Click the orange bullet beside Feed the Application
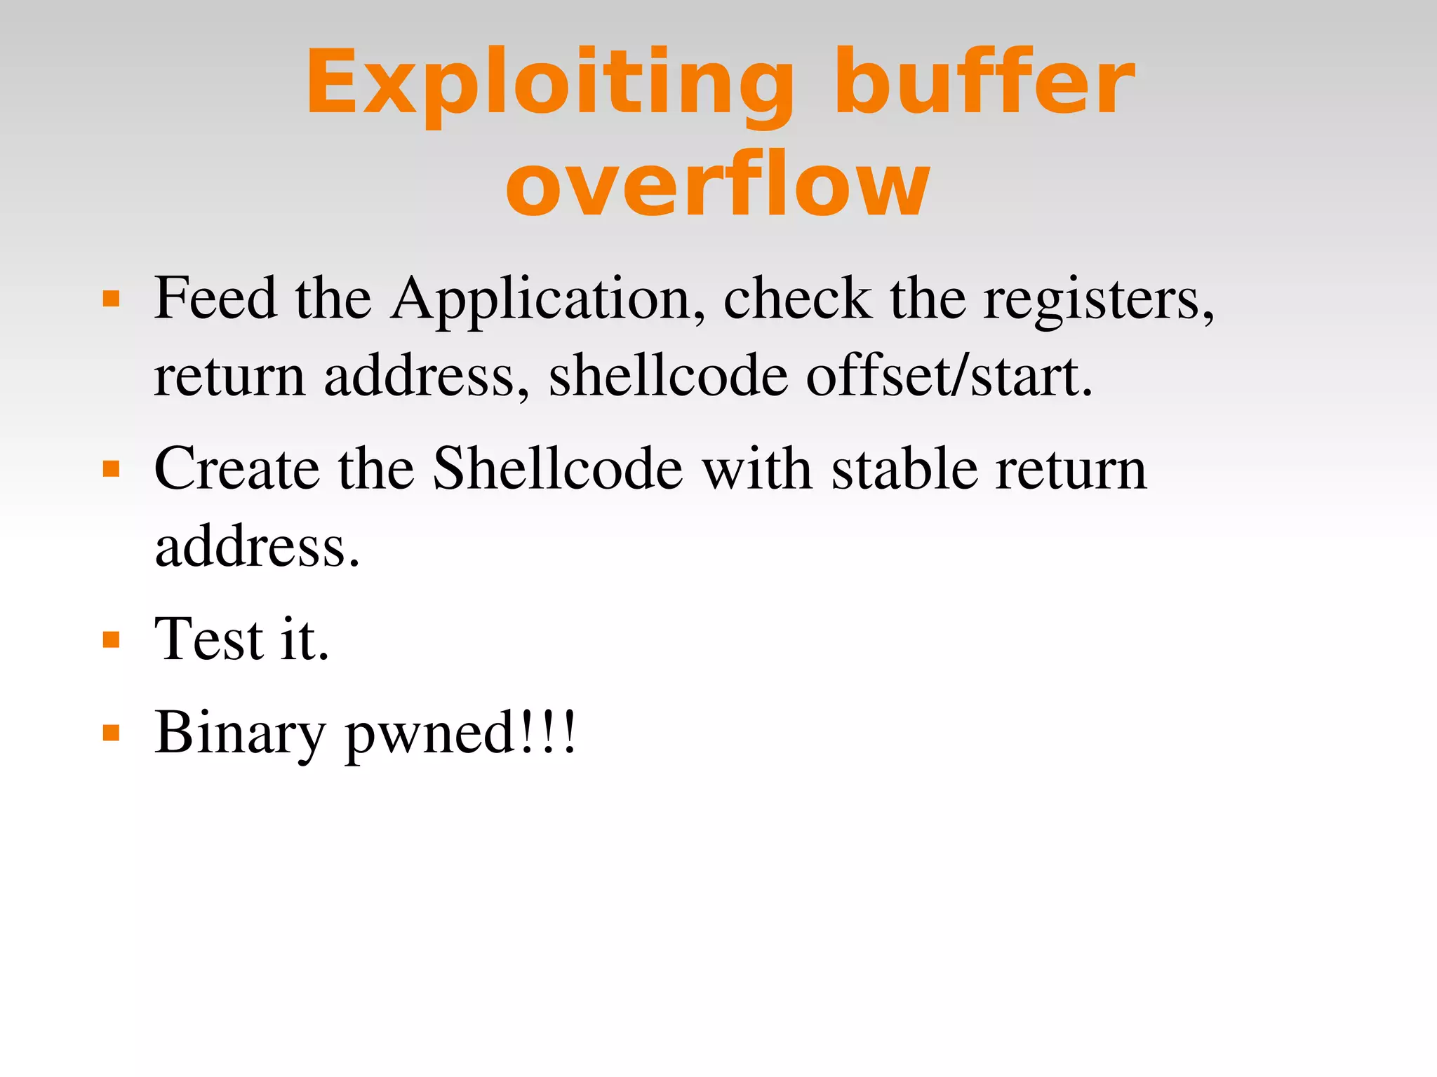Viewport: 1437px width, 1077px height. click(112, 299)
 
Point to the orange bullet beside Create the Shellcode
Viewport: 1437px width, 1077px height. click(112, 468)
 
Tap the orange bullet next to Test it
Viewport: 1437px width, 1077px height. click(112, 639)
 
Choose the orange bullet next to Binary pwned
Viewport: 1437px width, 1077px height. click(112, 733)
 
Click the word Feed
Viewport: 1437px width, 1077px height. click(215, 299)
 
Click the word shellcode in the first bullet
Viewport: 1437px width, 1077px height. click(668, 377)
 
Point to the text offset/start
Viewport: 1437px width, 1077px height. click(949, 377)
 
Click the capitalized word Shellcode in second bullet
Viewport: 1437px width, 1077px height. click(558, 468)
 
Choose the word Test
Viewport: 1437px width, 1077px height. click(208, 639)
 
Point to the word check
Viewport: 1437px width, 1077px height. click(798, 299)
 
